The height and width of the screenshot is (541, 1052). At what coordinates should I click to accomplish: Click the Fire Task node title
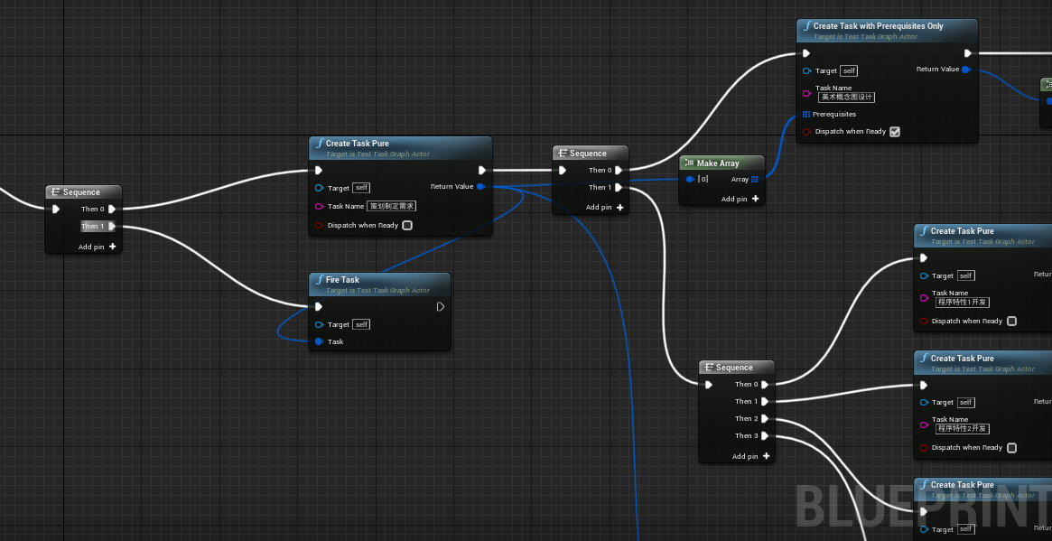342,280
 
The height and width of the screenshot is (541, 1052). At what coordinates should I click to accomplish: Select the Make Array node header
718,163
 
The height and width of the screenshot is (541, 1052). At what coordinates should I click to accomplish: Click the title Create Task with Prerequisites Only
878,26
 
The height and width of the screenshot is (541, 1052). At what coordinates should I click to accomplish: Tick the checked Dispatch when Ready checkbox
895,132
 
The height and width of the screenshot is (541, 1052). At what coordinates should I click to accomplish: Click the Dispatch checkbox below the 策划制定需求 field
407,226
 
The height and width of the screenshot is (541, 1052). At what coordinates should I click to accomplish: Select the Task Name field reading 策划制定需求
392,206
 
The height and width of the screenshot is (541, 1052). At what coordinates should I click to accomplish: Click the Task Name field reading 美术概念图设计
847,97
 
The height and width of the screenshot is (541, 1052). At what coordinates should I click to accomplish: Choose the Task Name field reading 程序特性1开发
963,302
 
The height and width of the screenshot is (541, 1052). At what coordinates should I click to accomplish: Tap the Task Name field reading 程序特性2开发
963,429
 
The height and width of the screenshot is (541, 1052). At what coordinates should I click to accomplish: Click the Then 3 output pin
765,436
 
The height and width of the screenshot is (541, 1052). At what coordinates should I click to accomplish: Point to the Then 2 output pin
765,419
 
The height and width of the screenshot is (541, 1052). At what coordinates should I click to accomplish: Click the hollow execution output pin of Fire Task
440,307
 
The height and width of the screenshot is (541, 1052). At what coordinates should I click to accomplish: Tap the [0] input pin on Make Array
690,180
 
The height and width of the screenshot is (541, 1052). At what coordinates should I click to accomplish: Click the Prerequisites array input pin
806,115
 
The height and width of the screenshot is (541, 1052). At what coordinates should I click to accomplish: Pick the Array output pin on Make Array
755,180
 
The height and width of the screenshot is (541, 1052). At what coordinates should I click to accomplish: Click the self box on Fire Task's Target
361,324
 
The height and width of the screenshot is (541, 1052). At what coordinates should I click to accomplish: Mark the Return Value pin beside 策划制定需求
480,187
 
